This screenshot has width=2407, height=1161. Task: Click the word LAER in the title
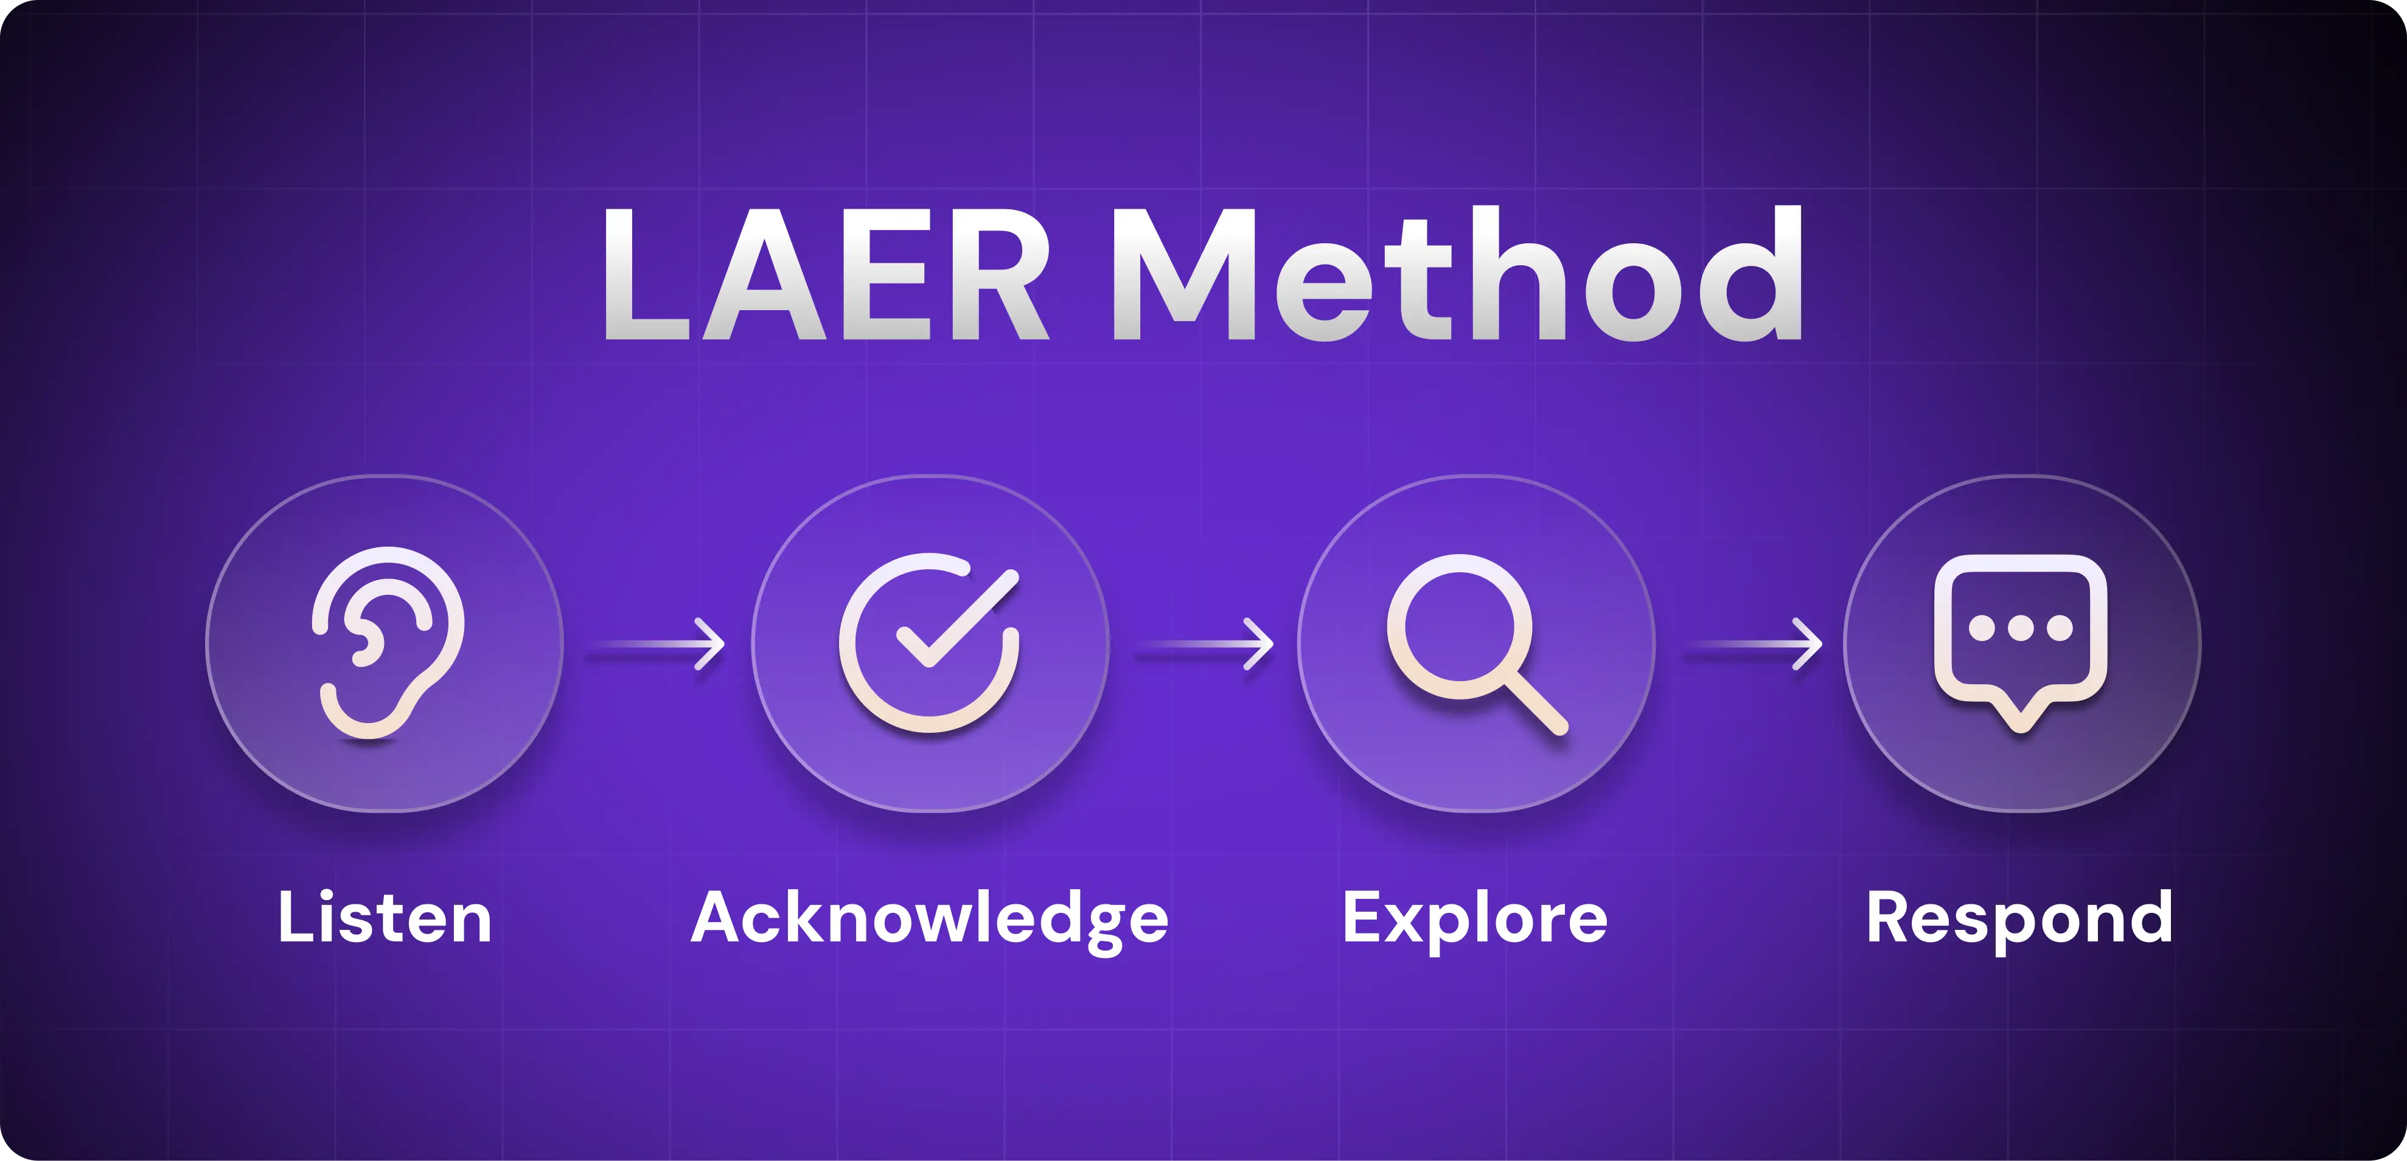tap(827, 274)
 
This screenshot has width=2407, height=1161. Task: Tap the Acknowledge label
tap(930, 920)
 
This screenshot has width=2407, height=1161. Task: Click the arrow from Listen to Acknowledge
tap(656, 643)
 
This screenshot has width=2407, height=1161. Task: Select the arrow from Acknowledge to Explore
tap(1205, 643)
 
